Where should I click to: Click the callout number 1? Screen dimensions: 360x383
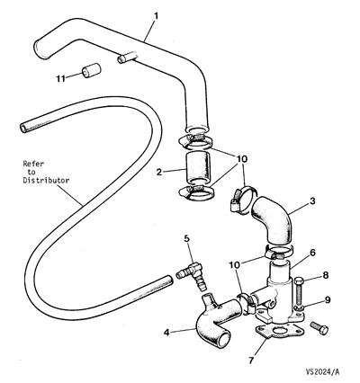(x=156, y=15)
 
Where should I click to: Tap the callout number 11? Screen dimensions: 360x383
(x=60, y=78)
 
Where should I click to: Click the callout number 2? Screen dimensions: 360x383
(x=159, y=172)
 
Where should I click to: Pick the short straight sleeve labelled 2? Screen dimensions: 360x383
(x=196, y=168)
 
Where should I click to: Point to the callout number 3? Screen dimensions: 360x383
(x=312, y=200)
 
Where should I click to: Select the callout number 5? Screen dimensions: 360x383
(x=186, y=239)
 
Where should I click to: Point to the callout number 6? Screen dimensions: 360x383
(x=312, y=253)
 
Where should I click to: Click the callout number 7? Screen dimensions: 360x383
(x=251, y=361)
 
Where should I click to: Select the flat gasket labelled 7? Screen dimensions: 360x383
(x=280, y=332)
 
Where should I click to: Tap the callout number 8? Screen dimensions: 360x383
(x=326, y=275)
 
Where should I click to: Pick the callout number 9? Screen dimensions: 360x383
(x=328, y=299)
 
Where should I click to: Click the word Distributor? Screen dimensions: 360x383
(x=46, y=181)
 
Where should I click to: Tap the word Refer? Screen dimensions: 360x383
(x=33, y=164)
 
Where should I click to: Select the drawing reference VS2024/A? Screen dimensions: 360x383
(x=322, y=372)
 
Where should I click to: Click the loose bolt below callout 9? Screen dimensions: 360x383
(x=319, y=327)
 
